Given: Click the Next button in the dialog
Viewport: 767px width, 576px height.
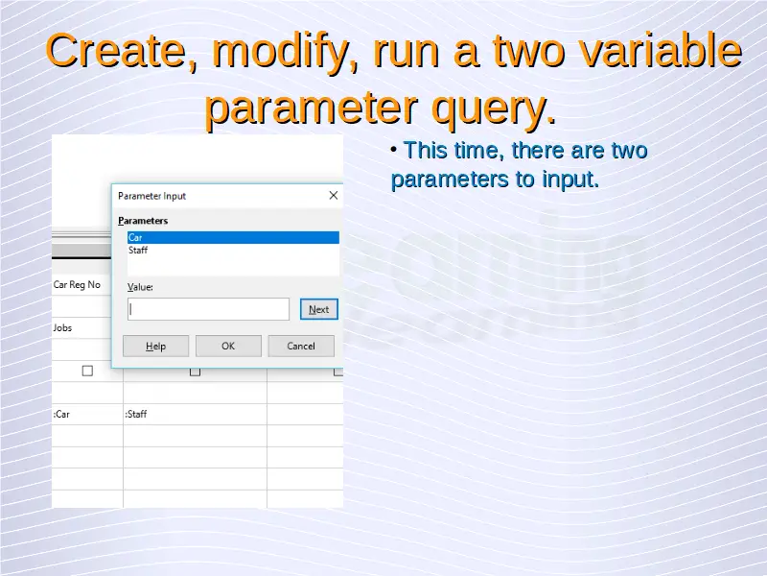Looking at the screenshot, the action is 319,309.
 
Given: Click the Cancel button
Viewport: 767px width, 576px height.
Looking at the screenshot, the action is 301,346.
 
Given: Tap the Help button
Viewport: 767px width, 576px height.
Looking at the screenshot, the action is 155,346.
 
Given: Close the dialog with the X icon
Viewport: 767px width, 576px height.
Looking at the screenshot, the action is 334,196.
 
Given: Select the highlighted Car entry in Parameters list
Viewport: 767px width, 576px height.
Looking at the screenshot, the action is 233,237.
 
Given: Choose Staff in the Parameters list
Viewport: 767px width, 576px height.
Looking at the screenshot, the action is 138,251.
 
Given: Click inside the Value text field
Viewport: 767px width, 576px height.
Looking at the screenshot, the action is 208,309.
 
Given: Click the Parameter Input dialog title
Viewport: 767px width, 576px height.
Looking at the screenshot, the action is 151,196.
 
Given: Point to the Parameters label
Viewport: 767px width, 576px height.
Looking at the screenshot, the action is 143,221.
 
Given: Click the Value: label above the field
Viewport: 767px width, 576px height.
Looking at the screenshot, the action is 140,287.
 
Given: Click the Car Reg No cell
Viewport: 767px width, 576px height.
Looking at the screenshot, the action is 77,284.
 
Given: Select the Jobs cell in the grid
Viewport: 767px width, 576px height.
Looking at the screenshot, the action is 62,327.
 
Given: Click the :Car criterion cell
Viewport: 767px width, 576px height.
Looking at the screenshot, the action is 61,414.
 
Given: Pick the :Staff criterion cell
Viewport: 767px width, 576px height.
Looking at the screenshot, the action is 135,414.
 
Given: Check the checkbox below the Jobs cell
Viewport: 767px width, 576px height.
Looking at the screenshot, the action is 87,371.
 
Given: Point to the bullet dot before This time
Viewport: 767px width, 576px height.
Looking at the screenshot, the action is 394,150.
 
